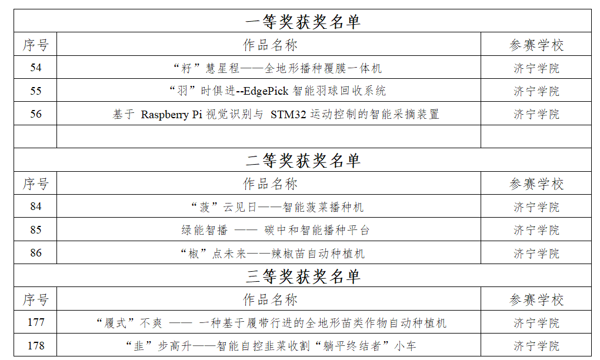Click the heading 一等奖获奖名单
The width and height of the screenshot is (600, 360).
[303, 21]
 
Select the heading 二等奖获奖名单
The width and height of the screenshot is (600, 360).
[303, 161]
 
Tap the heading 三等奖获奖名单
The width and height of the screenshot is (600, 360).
[303, 276]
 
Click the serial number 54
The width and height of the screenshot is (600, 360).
[35, 68]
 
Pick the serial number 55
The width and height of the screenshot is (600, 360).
[35, 91]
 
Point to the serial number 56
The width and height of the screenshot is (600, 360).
[35, 114]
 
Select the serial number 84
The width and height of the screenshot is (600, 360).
[35, 206]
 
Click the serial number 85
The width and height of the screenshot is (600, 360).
[35, 230]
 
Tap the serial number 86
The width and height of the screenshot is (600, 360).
[35, 253]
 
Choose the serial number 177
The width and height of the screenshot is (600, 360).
[35, 322]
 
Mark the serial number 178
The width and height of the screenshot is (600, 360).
[35, 345]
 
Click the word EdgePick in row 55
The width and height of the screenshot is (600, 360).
[266, 91]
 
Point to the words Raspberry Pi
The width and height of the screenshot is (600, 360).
[171, 114]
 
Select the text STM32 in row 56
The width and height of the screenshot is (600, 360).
[288, 114]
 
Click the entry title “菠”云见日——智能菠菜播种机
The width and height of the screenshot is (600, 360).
[278, 207]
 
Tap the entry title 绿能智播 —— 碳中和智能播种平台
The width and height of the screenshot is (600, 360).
[275, 230]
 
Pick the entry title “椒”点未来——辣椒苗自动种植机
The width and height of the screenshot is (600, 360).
[272, 254]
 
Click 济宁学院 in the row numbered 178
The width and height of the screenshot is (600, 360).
[536, 346]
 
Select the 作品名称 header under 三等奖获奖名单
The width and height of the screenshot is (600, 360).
[270, 299]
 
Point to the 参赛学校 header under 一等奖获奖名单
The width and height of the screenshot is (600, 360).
[536, 45]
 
